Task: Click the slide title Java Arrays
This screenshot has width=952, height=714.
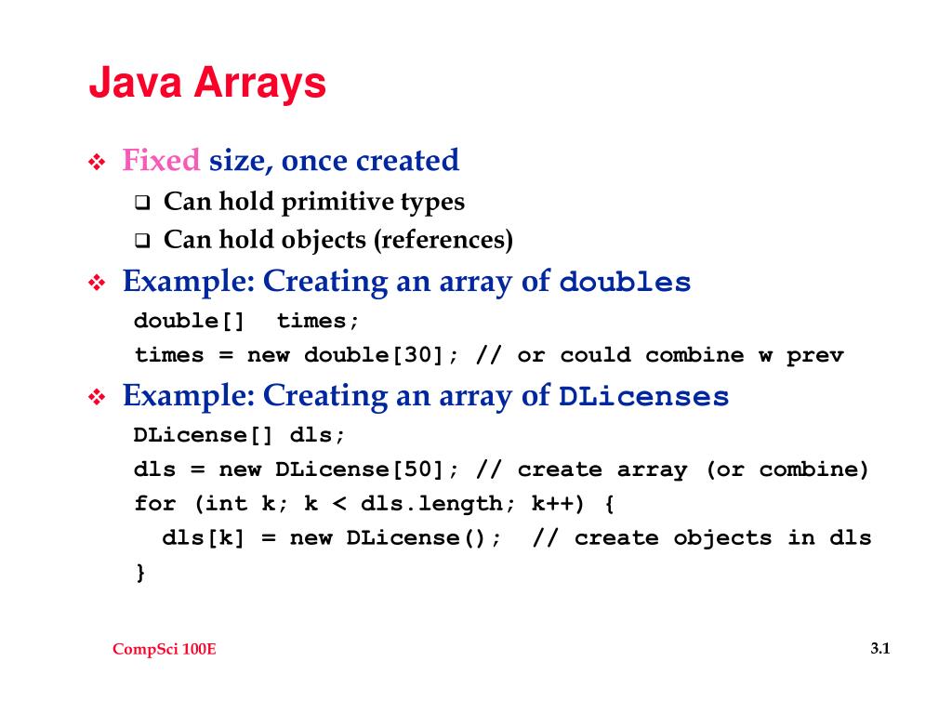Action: click(x=207, y=85)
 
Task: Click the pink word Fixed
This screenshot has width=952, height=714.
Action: click(x=161, y=161)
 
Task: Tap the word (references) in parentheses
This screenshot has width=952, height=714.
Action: click(x=443, y=241)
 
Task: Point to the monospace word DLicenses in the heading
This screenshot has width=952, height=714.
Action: click(x=643, y=398)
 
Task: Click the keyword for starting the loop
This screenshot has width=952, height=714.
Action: click(x=155, y=504)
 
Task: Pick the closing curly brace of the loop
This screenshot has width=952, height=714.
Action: click(x=140, y=572)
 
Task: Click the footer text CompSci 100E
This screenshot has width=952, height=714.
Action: click(x=164, y=649)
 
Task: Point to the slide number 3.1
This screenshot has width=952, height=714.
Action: click(x=880, y=649)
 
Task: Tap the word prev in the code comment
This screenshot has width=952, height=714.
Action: click(x=814, y=355)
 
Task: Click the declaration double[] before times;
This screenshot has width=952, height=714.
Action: click(x=190, y=322)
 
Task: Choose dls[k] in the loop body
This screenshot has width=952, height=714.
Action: click(x=204, y=538)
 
